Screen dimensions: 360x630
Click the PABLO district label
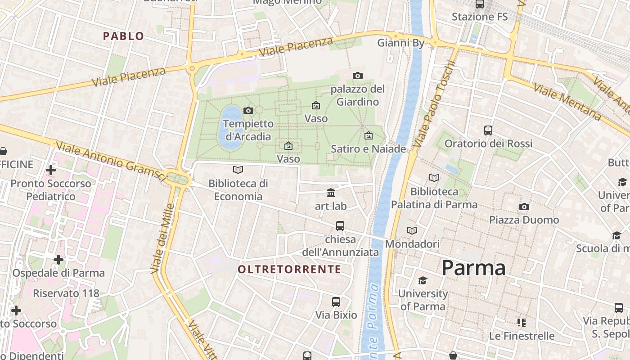click(x=123, y=36)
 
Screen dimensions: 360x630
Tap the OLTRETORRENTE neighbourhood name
click(x=289, y=270)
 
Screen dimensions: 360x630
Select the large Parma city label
click(x=473, y=268)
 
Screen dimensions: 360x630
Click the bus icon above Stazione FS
click(x=480, y=4)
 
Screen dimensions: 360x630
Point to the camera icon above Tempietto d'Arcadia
click(x=248, y=110)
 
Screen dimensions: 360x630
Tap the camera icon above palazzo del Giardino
click(x=358, y=76)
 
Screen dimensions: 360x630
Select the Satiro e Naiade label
click(x=369, y=148)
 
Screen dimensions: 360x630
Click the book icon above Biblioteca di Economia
click(x=238, y=170)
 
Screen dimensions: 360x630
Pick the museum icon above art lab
click(x=331, y=193)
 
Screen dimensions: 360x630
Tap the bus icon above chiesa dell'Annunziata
click(x=340, y=226)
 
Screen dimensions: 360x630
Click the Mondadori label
click(x=412, y=244)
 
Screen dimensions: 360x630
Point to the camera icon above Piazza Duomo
click(x=524, y=207)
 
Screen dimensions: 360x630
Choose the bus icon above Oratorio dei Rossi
click(x=488, y=130)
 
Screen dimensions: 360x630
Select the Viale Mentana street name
click(x=567, y=102)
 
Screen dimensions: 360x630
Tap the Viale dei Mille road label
click(x=162, y=238)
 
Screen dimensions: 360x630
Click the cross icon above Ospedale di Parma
click(x=58, y=260)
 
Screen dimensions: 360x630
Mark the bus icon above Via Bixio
click(x=336, y=302)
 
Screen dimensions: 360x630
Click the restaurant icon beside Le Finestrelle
click(x=522, y=323)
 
